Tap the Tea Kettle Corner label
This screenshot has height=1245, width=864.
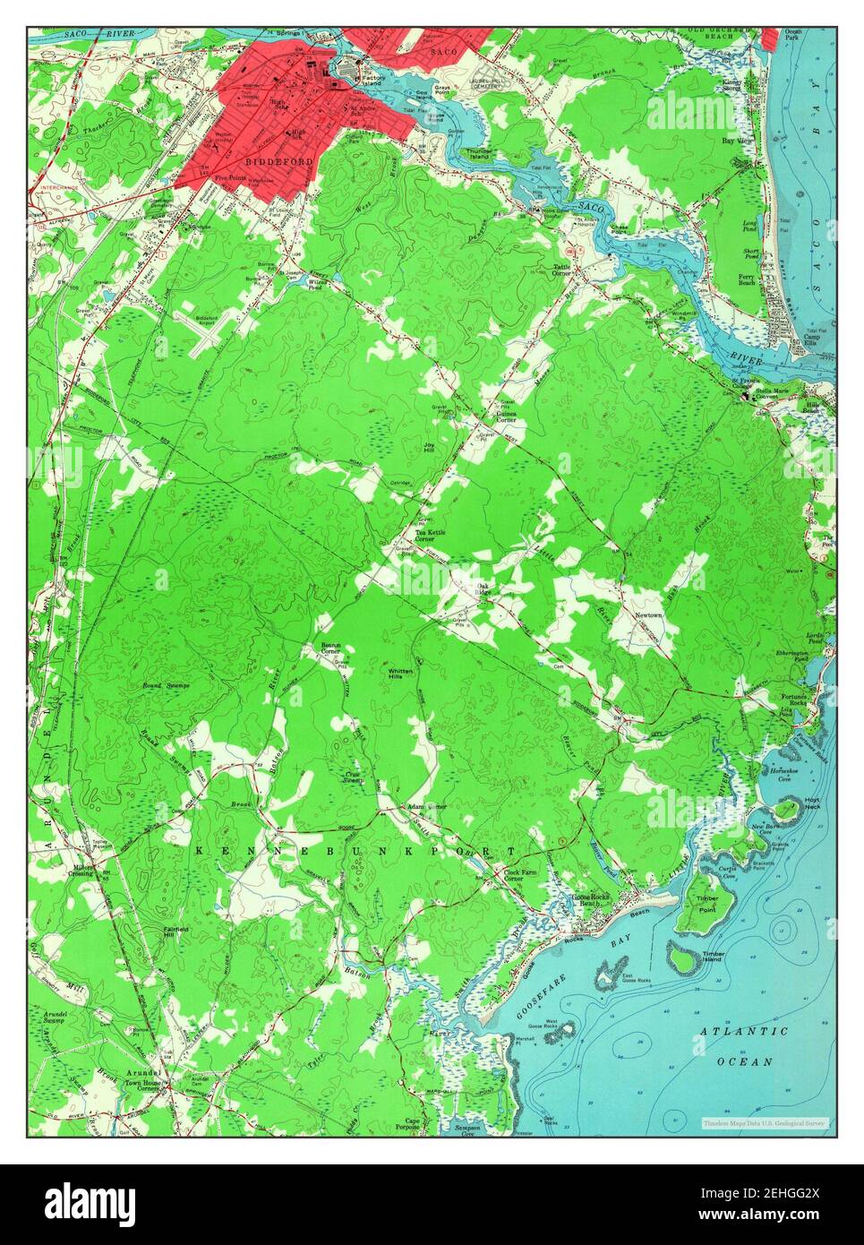(424, 536)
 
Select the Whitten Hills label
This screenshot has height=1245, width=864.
(399, 674)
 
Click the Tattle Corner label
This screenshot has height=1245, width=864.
(562, 269)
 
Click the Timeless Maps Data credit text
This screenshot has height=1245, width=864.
(766, 1121)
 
